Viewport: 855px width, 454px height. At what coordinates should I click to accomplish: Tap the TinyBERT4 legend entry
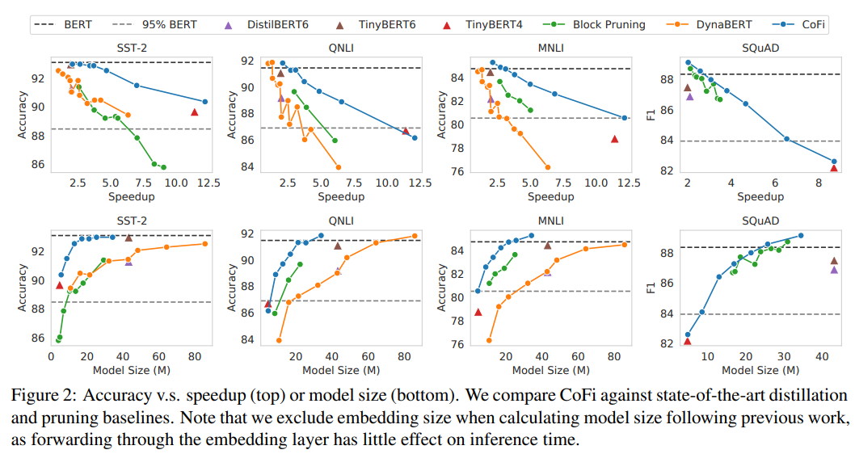(x=492, y=24)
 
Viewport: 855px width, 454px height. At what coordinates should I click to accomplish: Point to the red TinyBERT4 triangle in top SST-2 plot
(x=195, y=112)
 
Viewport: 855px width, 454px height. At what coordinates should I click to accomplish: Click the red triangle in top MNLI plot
(x=614, y=139)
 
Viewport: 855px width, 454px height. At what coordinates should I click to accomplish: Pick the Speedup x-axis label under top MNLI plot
(x=550, y=197)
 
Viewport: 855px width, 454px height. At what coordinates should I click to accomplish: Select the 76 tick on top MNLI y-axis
(x=457, y=172)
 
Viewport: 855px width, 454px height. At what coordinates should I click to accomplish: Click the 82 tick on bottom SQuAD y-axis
(x=668, y=344)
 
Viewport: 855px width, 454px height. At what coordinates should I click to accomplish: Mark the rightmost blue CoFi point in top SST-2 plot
(x=205, y=102)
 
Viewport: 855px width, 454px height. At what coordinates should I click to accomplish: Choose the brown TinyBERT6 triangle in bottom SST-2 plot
(x=128, y=238)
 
